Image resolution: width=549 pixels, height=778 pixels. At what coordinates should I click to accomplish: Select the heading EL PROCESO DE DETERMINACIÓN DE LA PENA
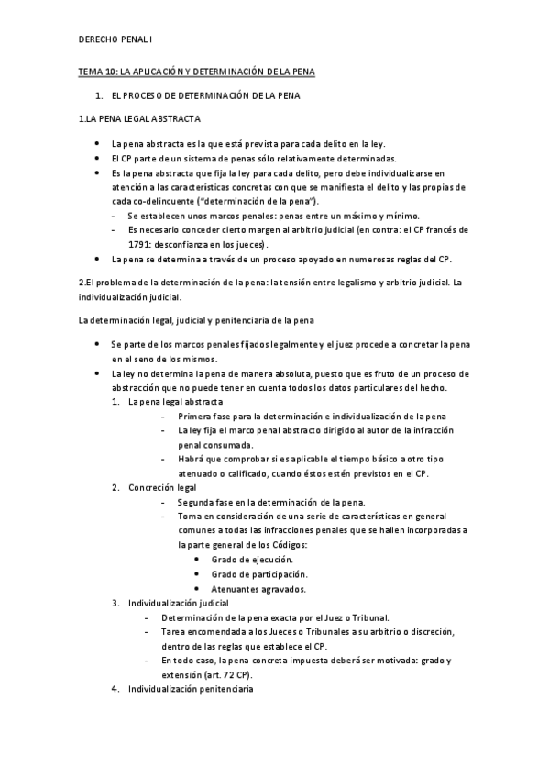pos(205,95)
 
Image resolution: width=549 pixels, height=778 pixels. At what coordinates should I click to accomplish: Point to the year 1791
pos(143,245)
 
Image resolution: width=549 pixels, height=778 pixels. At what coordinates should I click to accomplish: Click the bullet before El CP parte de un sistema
pos(98,158)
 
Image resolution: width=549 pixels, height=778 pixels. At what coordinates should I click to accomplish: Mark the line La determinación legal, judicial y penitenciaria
pos(197,319)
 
